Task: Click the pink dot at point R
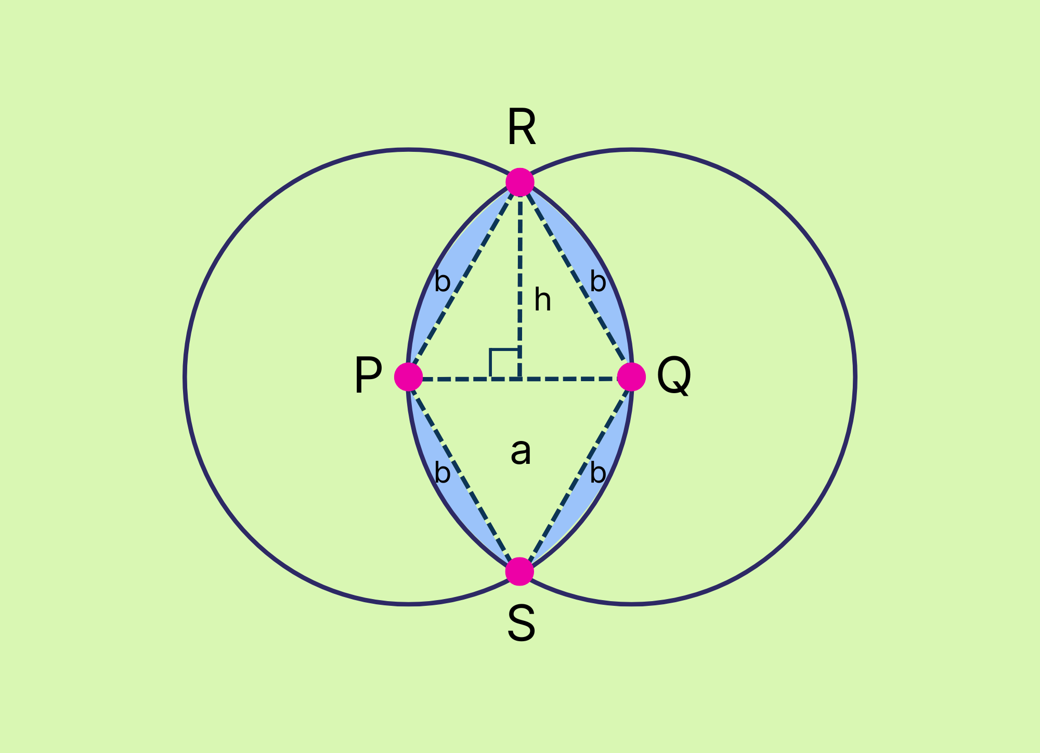520,183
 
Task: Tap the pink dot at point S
520,571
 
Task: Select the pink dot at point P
409,377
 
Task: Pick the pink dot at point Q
631,377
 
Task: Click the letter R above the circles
521,127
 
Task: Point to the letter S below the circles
521,624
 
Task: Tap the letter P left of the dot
368,375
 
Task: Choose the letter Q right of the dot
674,375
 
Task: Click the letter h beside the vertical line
542,301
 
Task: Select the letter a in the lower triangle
521,451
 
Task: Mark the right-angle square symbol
503,363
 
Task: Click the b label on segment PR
442,282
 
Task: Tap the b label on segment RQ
598,282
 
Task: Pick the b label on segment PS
442,473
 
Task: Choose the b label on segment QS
598,473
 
